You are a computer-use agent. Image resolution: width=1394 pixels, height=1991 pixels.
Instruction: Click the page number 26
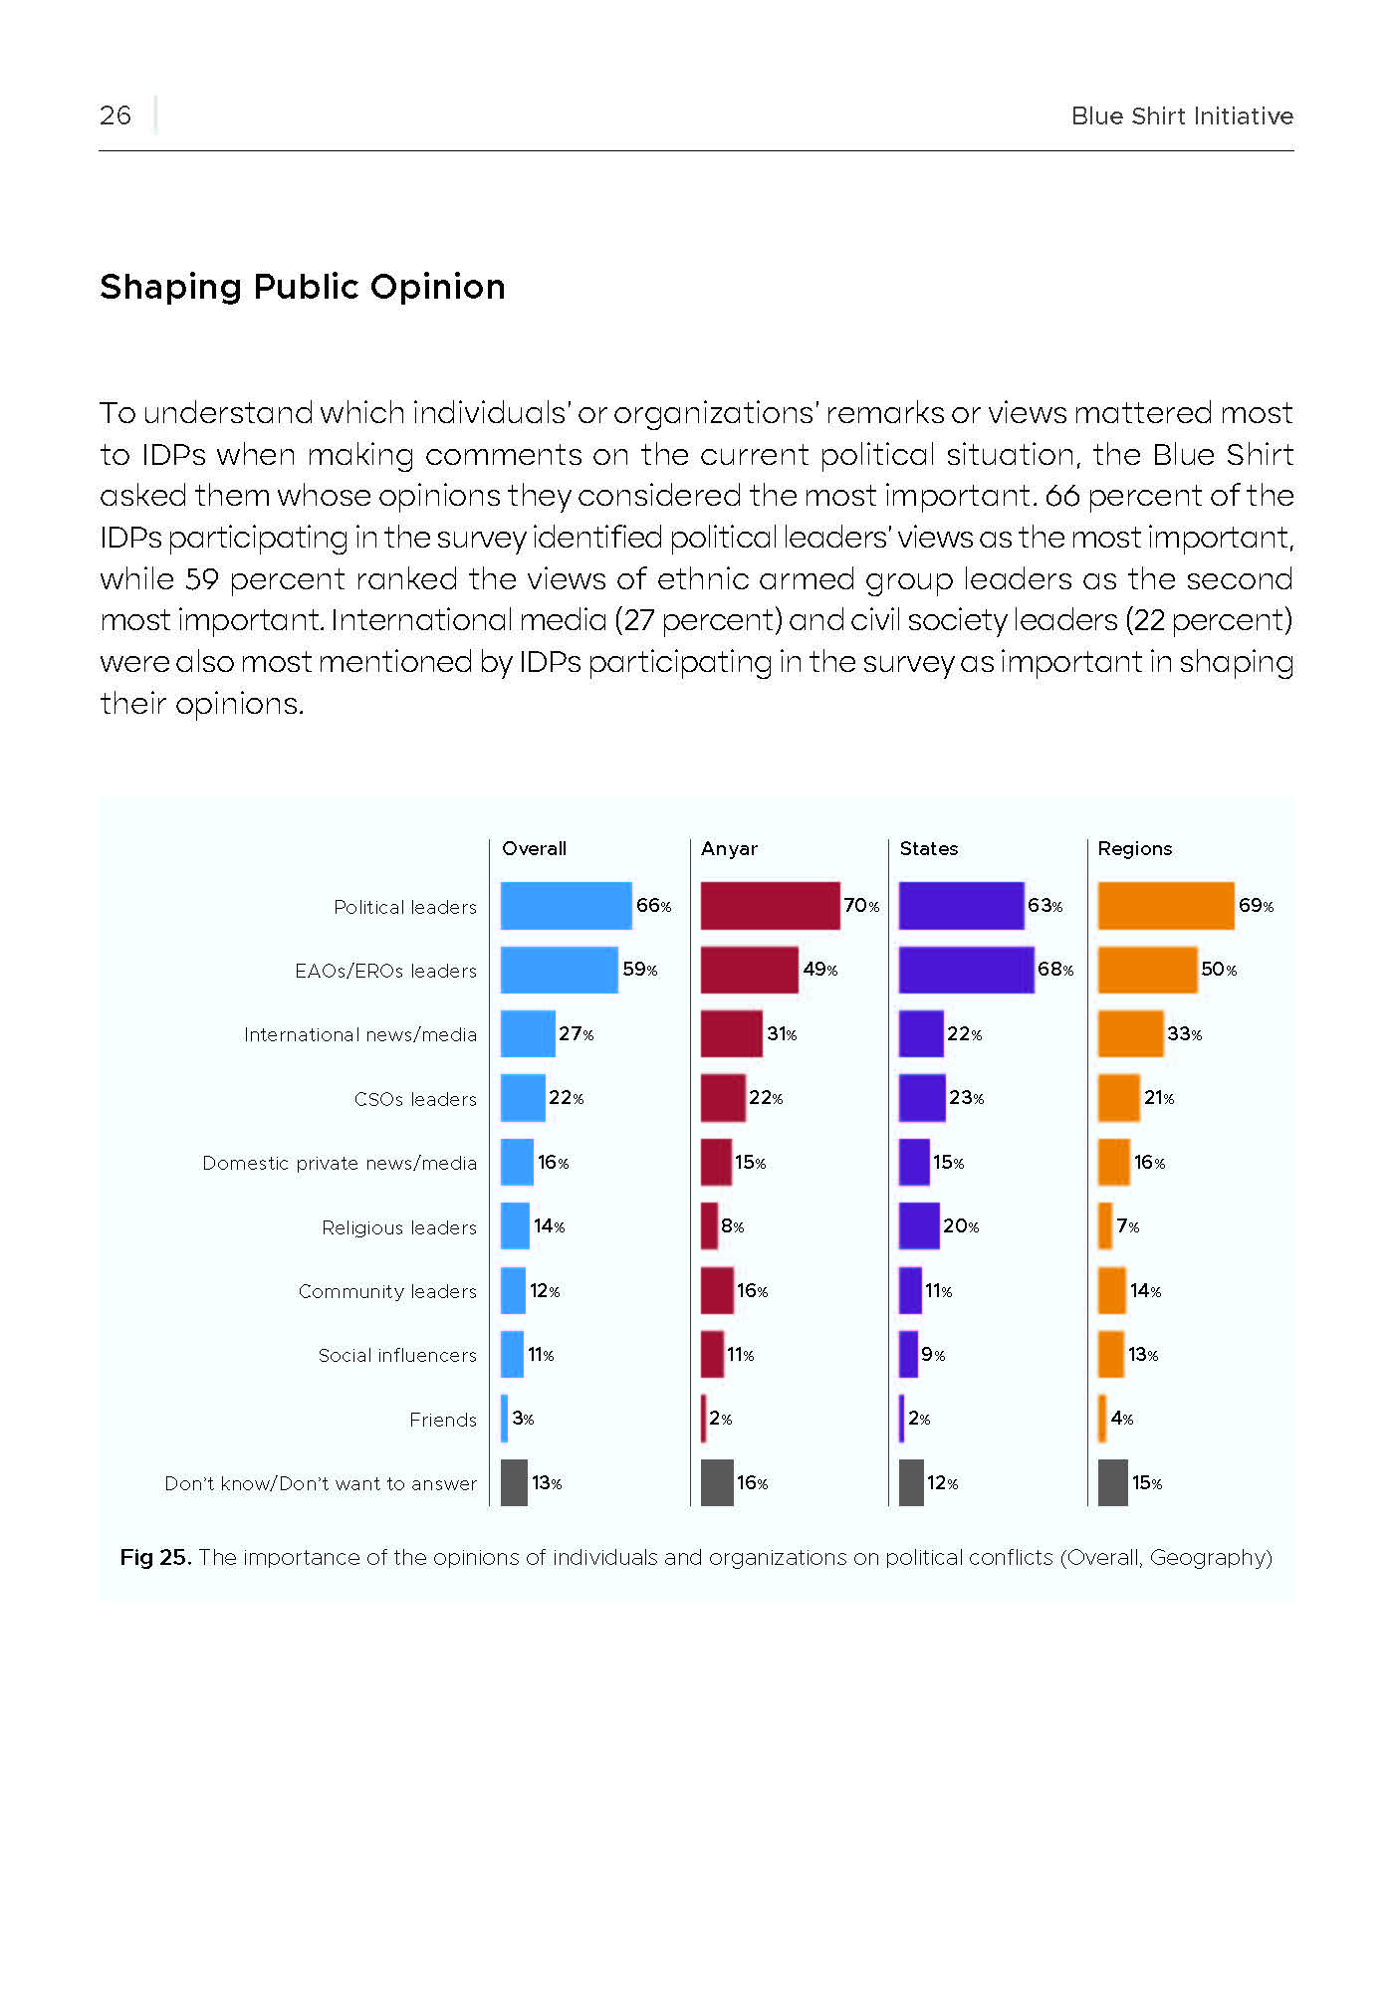coord(116,115)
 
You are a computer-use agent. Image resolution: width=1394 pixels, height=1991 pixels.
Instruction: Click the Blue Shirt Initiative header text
coord(1182,116)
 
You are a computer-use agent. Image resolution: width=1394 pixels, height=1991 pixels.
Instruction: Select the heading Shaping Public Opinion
coord(303,287)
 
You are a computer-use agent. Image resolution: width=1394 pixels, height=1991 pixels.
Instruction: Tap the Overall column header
coord(534,848)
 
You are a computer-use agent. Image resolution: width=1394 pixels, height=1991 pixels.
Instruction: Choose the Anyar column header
coord(729,849)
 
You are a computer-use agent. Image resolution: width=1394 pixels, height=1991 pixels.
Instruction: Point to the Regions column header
coord(1134,849)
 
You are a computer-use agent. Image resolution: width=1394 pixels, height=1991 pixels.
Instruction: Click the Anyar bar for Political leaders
coord(770,906)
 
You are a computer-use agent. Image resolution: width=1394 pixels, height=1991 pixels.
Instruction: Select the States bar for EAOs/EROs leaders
coord(966,970)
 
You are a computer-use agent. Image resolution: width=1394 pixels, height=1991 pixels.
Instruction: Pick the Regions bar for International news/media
coord(1130,1033)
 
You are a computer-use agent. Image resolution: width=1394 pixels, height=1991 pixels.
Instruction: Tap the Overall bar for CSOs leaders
coord(523,1098)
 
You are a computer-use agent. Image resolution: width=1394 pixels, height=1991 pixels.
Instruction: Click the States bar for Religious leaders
coord(919,1226)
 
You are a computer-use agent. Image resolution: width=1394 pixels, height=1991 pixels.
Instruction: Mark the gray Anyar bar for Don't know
coord(717,1482)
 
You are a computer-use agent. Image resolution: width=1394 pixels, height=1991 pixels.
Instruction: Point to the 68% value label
coord(1055,970)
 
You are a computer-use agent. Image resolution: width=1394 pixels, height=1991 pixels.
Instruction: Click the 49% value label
coord(820,970)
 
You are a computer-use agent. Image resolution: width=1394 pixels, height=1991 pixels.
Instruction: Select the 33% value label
coord(1185,1034)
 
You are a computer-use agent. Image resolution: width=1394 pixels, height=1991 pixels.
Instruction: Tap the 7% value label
coord(1128,1226)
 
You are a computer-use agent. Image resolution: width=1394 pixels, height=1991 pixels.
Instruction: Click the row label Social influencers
coord(397,1355)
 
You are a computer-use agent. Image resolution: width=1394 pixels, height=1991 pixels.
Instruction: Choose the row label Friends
coord(443,1420)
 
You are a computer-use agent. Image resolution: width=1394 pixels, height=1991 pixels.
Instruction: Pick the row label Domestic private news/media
coord(340,1164)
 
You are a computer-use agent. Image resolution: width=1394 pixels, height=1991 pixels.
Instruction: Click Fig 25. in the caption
coord(155,1557)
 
